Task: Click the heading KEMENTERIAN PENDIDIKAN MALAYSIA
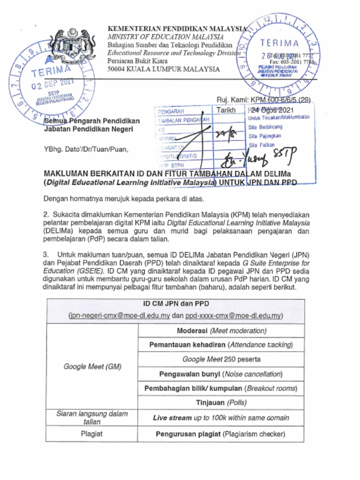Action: coord(177,29)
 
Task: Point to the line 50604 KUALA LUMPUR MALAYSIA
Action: coord(164,69)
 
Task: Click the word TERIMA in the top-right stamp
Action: coord(279,44)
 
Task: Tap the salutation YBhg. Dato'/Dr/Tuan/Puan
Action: coord(86,150)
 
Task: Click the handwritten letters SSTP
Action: coord(283,159)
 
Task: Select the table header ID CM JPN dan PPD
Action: coord(175,304)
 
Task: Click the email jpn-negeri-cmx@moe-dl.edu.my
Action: coord(119,316)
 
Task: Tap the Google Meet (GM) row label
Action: coord(92,367)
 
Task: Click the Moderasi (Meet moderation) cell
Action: coord(221,330)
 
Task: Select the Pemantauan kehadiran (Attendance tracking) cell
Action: coord(221,345)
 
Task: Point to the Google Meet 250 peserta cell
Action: coord(221,360)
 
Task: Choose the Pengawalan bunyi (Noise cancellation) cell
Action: coord(221,374)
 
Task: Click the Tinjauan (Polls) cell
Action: coord(221,403)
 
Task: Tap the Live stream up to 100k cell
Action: coord(221,418)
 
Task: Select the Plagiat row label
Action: coord(92,434)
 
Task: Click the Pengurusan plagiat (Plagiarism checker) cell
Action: coord(221,434)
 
